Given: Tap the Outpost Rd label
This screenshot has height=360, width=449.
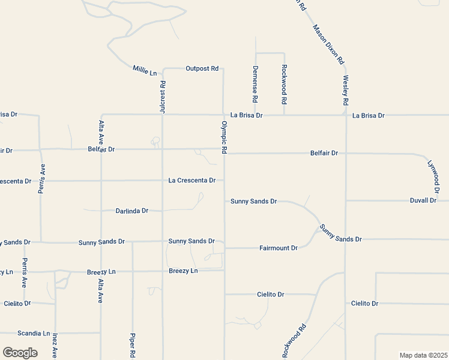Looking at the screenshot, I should click(202, 69).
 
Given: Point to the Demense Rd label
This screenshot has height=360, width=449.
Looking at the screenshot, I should click(255, 83).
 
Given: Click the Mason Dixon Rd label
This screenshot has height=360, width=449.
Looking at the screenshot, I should click(328, 44).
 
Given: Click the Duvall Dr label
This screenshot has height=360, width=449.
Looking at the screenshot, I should click(423, 200).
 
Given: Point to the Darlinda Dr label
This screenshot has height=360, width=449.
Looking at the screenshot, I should click(131, 211).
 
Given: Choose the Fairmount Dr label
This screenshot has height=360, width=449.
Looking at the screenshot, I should click(279, 248).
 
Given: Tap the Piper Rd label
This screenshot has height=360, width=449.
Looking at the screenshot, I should click(132, 345).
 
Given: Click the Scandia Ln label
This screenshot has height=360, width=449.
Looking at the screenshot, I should click(34, 333).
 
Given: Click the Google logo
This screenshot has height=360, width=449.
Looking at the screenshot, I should click(20, 352).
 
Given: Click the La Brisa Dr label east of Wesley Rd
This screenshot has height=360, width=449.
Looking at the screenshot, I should click(369, 115).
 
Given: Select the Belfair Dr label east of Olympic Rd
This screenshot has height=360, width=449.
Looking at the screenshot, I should click(324, 154).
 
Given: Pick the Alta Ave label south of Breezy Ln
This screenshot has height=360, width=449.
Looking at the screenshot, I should click(100, 291).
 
